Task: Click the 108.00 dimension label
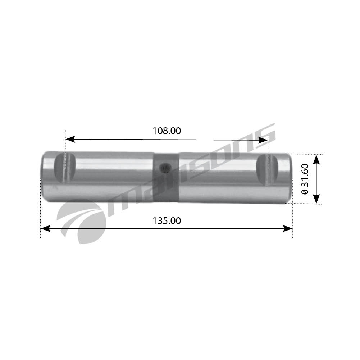pos(167,131)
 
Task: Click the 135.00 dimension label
pos(167,221)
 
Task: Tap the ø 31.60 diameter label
pos(305,179)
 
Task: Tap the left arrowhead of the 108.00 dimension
pos(70,139)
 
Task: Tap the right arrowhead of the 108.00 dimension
pos(263,140)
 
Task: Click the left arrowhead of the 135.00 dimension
pos(45,228)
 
